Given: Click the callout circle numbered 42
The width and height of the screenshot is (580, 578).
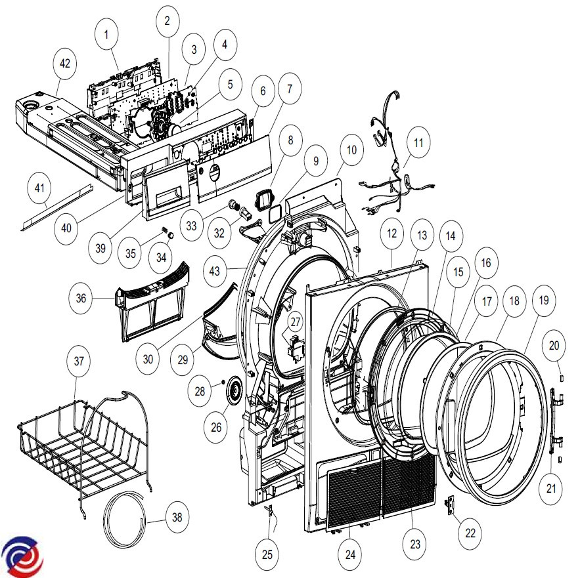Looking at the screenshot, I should coord(64,64).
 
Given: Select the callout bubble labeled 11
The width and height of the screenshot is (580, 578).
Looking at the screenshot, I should coord(418,142).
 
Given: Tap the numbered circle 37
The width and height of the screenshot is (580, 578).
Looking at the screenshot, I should coord(79,361).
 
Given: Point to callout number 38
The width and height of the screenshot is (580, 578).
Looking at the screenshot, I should coord(177,517).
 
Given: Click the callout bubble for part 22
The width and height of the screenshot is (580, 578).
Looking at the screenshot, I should coord(470,533).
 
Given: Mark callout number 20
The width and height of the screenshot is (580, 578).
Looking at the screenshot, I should coord(554,345).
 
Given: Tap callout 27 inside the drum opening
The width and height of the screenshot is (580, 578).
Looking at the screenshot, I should coord(296,322).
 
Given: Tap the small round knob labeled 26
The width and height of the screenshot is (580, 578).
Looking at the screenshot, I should coord(233,395).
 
